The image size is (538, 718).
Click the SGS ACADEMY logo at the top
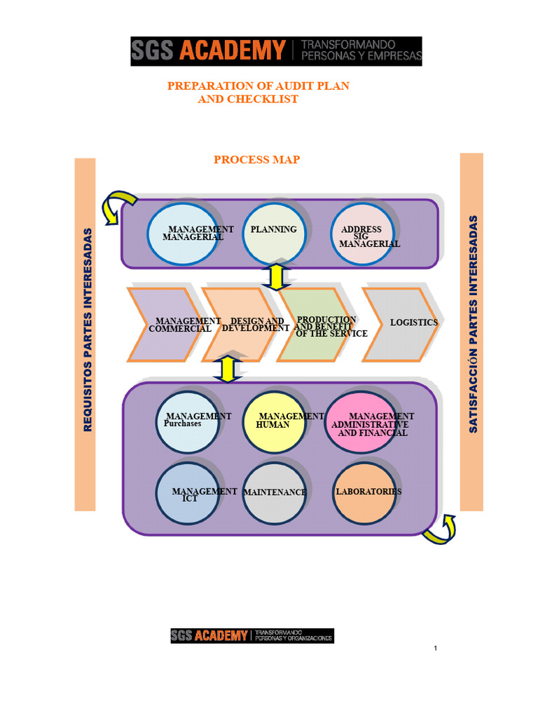276,51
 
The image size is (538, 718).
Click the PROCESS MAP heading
256,160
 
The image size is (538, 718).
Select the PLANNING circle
274,233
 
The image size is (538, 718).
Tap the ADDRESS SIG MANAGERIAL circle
362,235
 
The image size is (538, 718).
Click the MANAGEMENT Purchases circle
187,422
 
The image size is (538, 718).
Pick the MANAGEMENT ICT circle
187,492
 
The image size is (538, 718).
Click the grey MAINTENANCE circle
275,493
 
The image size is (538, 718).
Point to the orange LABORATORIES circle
364,493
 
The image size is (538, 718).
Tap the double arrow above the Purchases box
226,369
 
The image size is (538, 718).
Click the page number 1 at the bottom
435,648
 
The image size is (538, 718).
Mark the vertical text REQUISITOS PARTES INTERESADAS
87,330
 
